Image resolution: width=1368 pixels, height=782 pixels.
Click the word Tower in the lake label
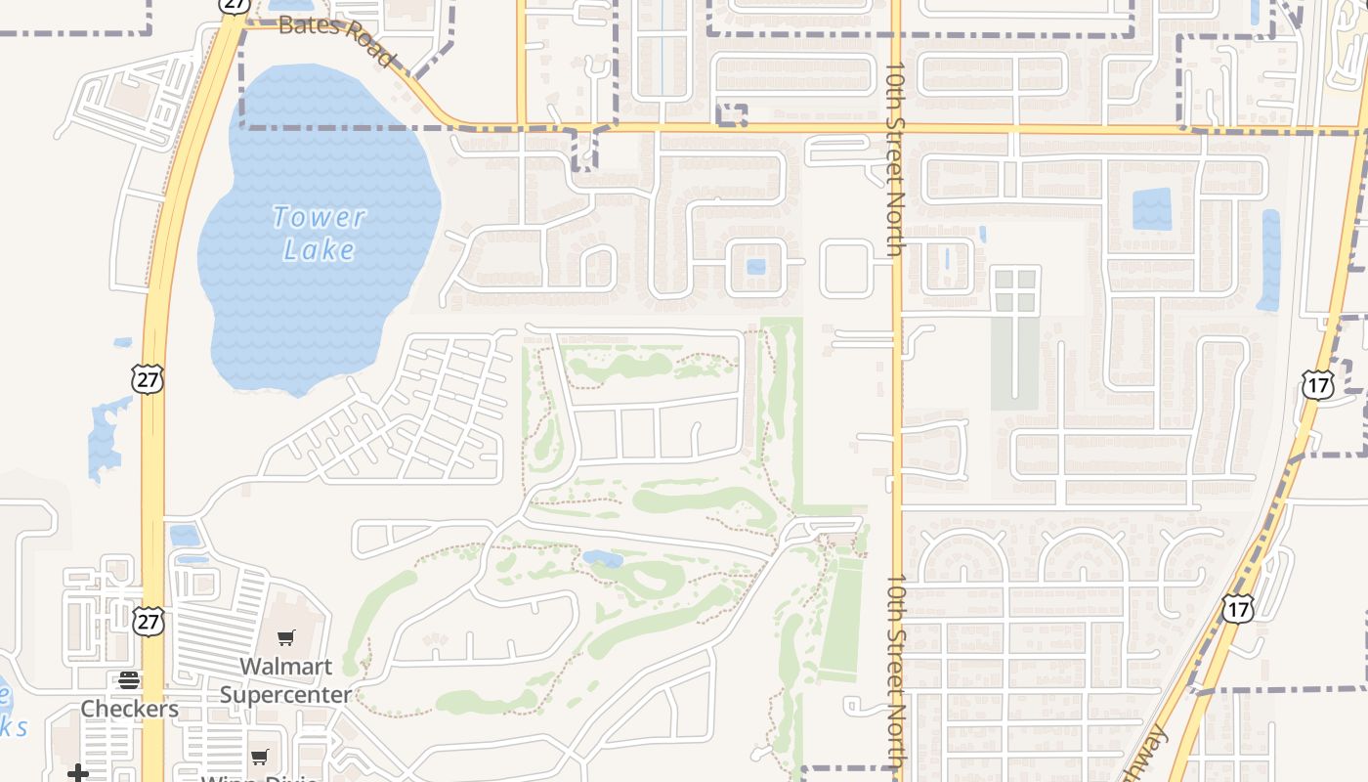pyautogui.click(x=320, y=217)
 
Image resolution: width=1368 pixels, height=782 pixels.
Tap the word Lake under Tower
pyautogui.click(x=320, y=250)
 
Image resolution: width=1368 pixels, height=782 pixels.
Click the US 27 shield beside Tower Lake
pyautogui.click(x=148, y=379)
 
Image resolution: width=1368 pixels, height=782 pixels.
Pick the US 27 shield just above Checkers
pyautogui.click(x=150, y=622)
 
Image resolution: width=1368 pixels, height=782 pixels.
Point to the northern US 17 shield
pyautogui.click(x=1317, y=385)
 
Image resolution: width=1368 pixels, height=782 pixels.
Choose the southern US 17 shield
pyautogui.click(x=1237, y=609)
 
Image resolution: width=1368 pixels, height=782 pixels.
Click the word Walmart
pyautogui.click(x=285, y=667)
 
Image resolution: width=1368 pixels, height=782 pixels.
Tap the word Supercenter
pyautogui.click(x=285, y=695)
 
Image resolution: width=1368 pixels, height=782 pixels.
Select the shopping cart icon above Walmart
pyautogui.click(x=285, y=638)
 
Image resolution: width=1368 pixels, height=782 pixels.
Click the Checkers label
pyautogui.click(x=129, y=709)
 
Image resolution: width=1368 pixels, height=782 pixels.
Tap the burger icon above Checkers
pyautogui.click(x=129, y=681)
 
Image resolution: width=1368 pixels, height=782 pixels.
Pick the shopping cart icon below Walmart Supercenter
pyautogui.click(x=260, y=758)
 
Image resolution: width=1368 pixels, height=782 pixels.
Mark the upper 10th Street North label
pyautogui.click(x=896, y=161)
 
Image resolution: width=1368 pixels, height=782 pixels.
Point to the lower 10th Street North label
pyautogui.click(x=896, y=674)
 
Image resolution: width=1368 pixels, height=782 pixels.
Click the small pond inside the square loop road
pyautogui.click(x=755, y=266)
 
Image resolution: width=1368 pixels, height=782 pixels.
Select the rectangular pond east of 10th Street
pyautogui.click(x=1151, y=209)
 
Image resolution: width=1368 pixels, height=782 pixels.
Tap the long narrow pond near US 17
pyautogui.click(x=1269, y=260)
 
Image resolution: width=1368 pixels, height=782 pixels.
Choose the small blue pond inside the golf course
pyautogui.click(x=603, y=558)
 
